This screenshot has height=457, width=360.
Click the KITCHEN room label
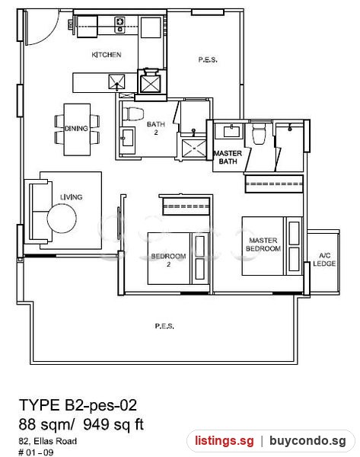pos(107,55)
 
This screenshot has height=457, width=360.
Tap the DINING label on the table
pos(76,128)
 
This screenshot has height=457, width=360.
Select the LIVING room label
pos(72,197)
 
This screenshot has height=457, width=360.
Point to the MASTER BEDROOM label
pos(263,244)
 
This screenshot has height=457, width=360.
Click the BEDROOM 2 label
pos(168,260)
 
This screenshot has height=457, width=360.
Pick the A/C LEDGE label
pos(324,260)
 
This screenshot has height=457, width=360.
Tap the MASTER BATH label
pos(228,157)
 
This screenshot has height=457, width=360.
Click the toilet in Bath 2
pos(133,114)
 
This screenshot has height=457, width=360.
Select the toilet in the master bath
pos(258,133)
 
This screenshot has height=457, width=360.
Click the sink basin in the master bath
pos(232,131)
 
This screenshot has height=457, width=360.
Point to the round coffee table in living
pos(62,219)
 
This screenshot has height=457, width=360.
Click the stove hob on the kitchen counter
pos(119,25)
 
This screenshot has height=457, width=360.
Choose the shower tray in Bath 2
pos(193,149)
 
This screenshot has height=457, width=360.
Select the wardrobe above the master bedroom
pos(274,184)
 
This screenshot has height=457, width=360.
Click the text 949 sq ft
pos(113,424)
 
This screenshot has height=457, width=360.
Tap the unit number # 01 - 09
pos(36,452)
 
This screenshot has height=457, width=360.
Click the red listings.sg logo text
pos(225,440)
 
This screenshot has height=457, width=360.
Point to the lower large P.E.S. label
pos(164,326)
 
